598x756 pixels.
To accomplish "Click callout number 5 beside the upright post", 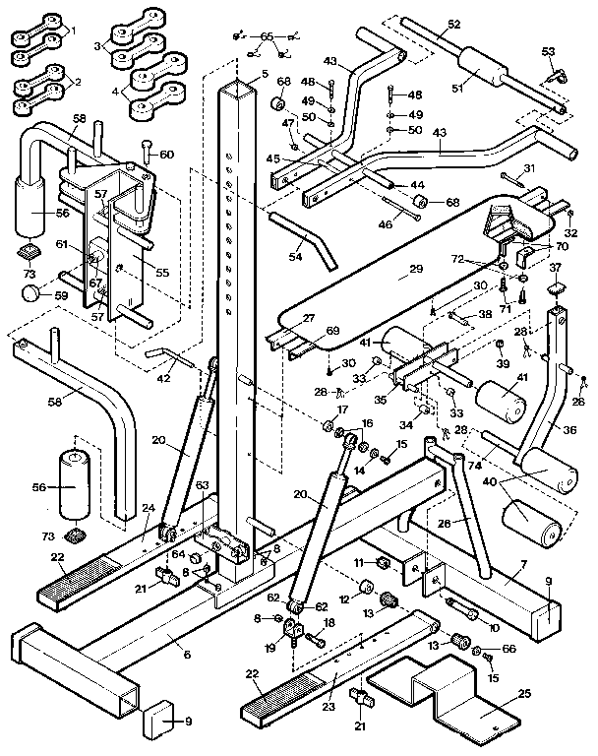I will point(264,76).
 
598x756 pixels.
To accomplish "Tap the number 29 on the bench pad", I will point(416,269).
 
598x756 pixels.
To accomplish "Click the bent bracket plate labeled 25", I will point(462,707).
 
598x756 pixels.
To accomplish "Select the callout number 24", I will point(149,508).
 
